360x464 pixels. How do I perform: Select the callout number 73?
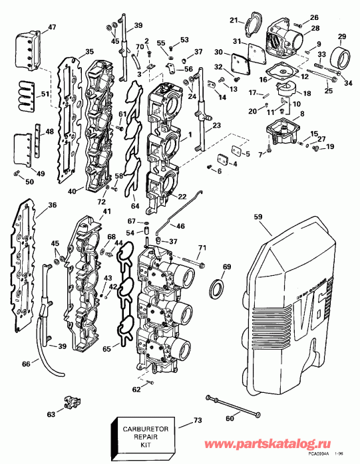(197, 421)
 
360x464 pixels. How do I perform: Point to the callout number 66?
(25, 364)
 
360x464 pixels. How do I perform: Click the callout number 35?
(89, 52)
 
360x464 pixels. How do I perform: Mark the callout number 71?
(202, 248)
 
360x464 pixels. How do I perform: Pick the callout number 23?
(217, 125)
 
